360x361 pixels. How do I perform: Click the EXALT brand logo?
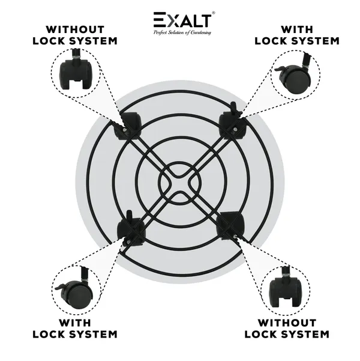(182, 20)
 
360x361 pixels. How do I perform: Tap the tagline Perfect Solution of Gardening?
(182, 32)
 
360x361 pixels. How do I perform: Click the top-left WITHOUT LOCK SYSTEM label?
(75, 35)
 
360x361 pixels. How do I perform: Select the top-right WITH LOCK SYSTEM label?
(297, 35)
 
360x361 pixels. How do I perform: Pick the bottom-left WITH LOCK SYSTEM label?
(75, 329)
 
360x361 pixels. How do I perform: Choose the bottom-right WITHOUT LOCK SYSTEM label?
(287, 329)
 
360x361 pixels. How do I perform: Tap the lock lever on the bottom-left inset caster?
(62, 287)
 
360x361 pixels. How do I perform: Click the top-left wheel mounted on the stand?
(128, 126)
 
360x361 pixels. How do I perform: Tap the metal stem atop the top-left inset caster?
(76, 54)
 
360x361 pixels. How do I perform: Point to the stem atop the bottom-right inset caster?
(286, 272)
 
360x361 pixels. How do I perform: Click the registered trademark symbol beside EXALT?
(214, 13)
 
